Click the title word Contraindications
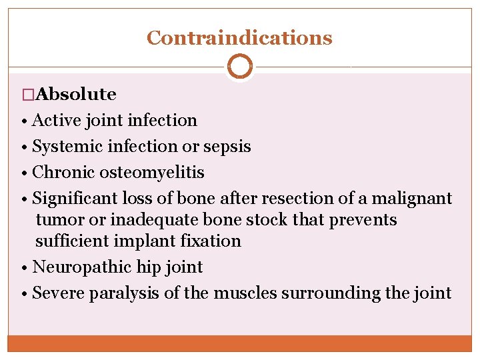pyautogui.click(x=239, y=38)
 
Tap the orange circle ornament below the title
pyautogui.click(x=239, y=67)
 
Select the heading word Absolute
pyautogui.click(x=74, y=95)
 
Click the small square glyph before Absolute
pyautogui.click(x=27, y=95)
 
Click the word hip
pyautogui.click(x=148, y=267)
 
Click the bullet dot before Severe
pyautogui.click(x=24, y=293)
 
